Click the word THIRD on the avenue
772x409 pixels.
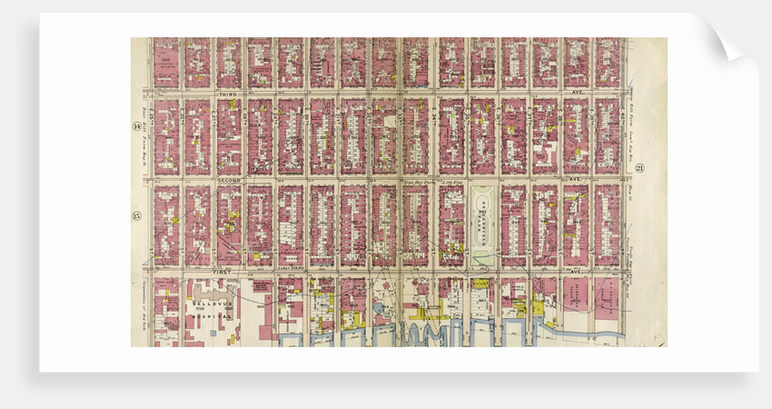point(227,94)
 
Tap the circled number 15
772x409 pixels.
point(136,215)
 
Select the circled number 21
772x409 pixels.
point(639,168)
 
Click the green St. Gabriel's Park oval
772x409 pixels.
point(482,223)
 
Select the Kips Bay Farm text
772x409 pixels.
point(420,182)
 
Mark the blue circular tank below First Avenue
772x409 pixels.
point(378,308)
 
